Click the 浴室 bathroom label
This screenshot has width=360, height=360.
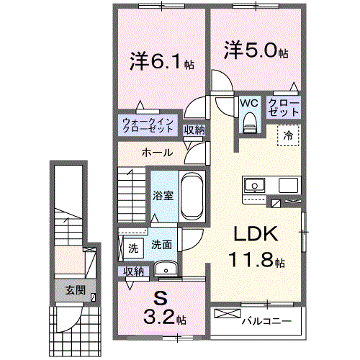162,195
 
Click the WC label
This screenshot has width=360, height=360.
249,102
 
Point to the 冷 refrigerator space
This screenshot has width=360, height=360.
287,134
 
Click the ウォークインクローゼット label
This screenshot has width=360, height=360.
147,125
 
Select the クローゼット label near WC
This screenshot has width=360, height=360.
284,107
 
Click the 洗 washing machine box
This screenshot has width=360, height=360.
133,249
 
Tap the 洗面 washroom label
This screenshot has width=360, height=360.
161,245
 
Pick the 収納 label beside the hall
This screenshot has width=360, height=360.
193,130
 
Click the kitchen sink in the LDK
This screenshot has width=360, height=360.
253,186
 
